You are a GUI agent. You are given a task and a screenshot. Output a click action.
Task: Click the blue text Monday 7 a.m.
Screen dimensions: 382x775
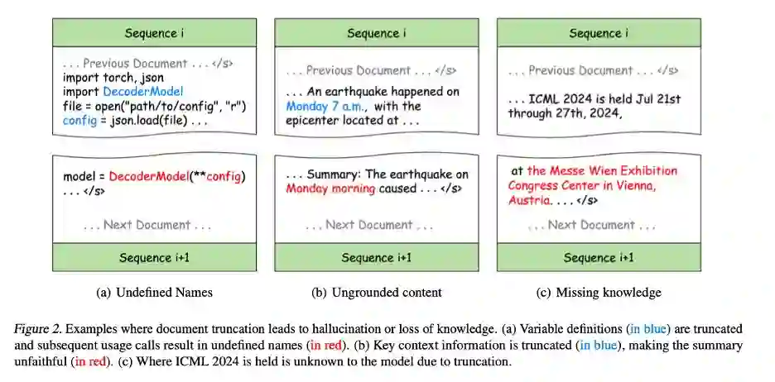point(326,106)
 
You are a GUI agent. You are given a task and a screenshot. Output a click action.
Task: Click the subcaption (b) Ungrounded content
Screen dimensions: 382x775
point(376,292)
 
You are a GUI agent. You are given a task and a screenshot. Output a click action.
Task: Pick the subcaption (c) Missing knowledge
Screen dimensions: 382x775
point(598,292)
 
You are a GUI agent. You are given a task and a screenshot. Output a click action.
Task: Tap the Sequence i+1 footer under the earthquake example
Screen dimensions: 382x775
point(377,258)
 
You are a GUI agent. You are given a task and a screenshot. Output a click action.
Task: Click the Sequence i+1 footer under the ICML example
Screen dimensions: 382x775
point(598,258)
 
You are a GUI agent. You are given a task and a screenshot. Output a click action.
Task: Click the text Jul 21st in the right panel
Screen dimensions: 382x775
point(654,98)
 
